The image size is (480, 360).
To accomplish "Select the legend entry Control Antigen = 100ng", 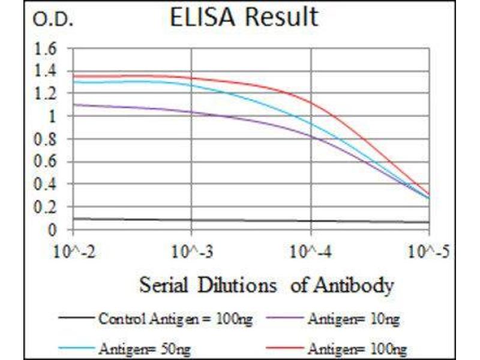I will (174, 318).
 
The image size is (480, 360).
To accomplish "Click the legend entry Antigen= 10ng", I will (353, 318).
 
